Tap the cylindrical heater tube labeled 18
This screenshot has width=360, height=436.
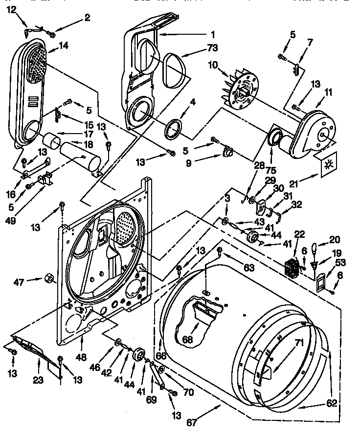pyautogui.click(x=81, y=157)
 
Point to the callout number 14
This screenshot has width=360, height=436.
pyautogui.click(x=64, y=46)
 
